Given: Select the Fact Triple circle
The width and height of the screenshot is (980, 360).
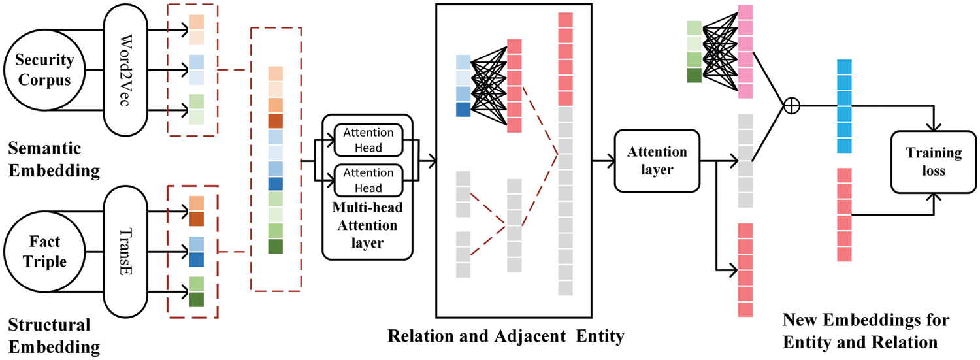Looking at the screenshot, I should pyautogui.click(x=44, y=252).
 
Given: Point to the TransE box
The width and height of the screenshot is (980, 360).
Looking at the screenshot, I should pyautogui.click(x=132, y=252).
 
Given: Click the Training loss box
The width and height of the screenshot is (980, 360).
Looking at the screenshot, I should pyautogui.click(x=933, y=161).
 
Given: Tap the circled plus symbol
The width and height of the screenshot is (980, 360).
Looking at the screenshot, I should pyautogui.click(x=791, y=105).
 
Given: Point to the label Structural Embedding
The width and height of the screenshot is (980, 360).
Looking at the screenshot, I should pyautogui.click(x=50, y=335).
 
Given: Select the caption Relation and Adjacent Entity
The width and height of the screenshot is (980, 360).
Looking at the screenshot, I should pyautogui.click(x=506, y=336).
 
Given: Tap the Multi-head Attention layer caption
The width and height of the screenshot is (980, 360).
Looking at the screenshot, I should pyautogui.click(x=368, y=226).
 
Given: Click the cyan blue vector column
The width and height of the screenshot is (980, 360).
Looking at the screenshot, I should pyautogui.click(x=844, y=106).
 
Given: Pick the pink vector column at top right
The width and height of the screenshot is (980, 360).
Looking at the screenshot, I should pyautogui.click(x=745, y=52).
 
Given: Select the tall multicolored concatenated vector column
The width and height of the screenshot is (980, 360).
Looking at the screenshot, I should pyautogui.click(x=276, y=160).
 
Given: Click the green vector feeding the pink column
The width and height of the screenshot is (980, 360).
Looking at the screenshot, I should pyautogui.click(x=694, y=52).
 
